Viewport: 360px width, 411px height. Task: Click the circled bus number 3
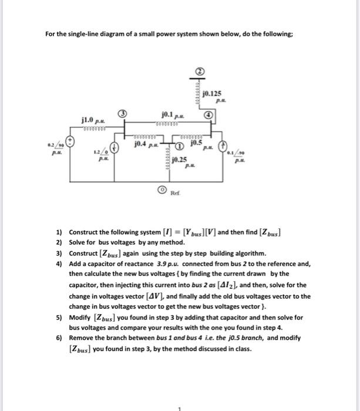(122, 113)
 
